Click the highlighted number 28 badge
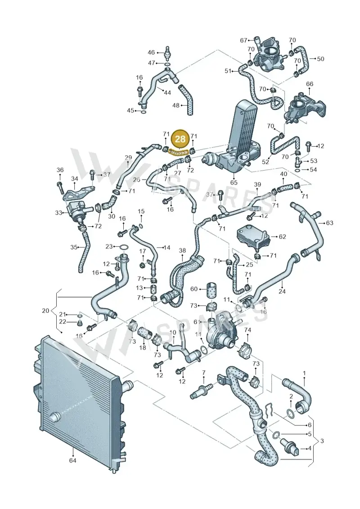(x=180, y=139)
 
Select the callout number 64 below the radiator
(x=73, y=460)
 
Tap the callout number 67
(x=244, y=40)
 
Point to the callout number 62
(x=283, y=237)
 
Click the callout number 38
(x=182, y=250)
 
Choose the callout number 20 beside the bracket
(x=46, y=311)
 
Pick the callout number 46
(x=152, y=52)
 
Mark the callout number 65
(x=234, y=182)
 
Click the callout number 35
(x=74, y=247)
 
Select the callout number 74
(x=247, y=330)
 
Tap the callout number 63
(x=329, y=223)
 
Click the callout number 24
(x=282, y=291)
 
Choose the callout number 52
(x=265, y=161)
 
